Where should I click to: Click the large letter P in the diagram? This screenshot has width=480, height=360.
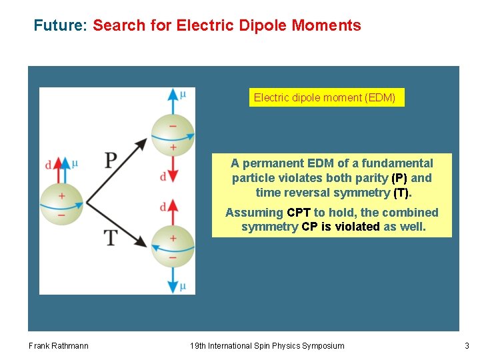pos(111,161)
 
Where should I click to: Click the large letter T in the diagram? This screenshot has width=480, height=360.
pos(111,237)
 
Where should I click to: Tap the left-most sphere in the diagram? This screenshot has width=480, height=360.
pos(61,201)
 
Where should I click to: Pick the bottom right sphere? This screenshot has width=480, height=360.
pos(173,247)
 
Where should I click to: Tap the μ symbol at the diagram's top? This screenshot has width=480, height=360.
pos(183,94)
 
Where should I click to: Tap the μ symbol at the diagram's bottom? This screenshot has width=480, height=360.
pos(183,287)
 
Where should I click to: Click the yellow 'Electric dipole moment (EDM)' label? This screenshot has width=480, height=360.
pos(325,98)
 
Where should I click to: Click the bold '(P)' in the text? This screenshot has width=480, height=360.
pos(399,178)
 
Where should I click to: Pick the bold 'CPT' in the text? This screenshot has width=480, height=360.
pos(299,213)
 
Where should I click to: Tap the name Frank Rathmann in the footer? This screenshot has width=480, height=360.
pos(59,345)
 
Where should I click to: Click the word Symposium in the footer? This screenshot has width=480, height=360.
pos(321,345)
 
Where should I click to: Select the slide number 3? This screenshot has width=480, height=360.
pos(467,345)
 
